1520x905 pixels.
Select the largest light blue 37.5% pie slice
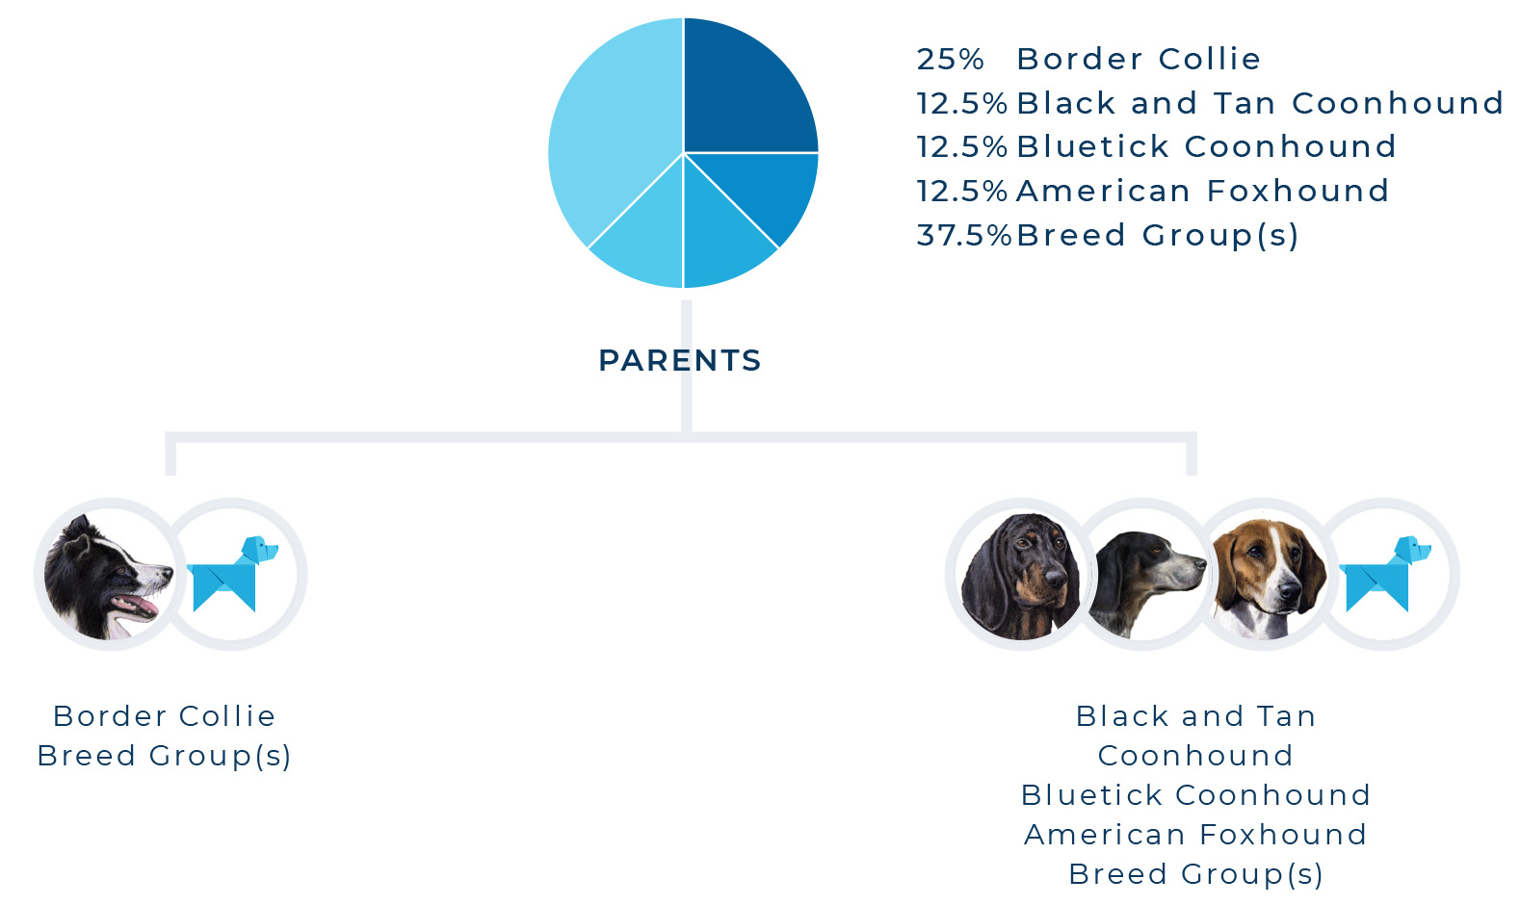coord(611,136)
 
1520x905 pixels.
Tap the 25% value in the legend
coord(950,59)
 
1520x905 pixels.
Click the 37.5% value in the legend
coord(963,236)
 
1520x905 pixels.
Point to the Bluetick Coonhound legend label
coord(1207,146)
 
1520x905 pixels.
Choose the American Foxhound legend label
coord(1202,191)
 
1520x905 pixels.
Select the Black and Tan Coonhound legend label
coord(1259,103)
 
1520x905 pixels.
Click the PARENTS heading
coord(680,360)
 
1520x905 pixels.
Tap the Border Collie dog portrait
coord(109,577)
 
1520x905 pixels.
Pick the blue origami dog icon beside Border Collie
coord(232,574)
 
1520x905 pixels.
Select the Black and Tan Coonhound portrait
coord(1020,577)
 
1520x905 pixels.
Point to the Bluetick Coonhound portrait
coord(1145,583)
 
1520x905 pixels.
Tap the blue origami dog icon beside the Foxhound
coord(1385,574)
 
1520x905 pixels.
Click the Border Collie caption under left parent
coord(164,716)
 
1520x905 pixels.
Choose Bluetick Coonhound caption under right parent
coord(1195,795)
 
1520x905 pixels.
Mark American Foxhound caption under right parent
coord(1195,835)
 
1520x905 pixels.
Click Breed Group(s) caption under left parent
coord(164,756)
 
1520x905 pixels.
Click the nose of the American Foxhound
coord(1289,591)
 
